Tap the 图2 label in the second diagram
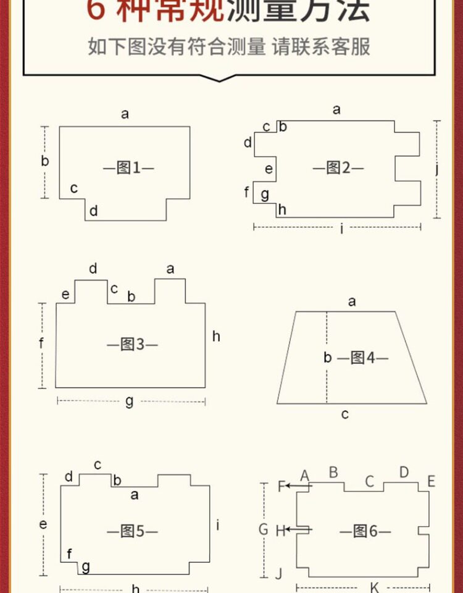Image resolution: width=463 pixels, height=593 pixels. [x=338, y=167]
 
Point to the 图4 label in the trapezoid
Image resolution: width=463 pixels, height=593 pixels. [x=362, y=357]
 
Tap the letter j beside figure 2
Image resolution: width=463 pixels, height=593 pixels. [x=436, y=168]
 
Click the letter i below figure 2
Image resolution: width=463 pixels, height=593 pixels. [x=341, y=229]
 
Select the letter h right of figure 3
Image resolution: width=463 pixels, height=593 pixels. [x=216, y=336]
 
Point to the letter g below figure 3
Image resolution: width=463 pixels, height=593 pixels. [x=129, y=402]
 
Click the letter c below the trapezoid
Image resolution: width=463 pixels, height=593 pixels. [x=344, y=414]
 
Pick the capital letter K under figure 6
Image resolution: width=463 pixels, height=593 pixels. [x=374, y=587]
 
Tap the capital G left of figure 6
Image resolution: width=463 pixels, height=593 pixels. [x=264, y=529]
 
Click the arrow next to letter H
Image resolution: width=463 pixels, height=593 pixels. [x=299, y=529]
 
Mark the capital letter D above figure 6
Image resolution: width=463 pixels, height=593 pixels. [x=404, y=473]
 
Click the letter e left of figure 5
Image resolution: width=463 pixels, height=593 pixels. [x=43, y=524]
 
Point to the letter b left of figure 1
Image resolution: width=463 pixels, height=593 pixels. [x=44, y=161]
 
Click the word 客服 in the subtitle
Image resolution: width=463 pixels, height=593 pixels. [x=355, y=46]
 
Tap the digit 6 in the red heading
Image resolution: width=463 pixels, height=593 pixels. [x=94, y=11]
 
